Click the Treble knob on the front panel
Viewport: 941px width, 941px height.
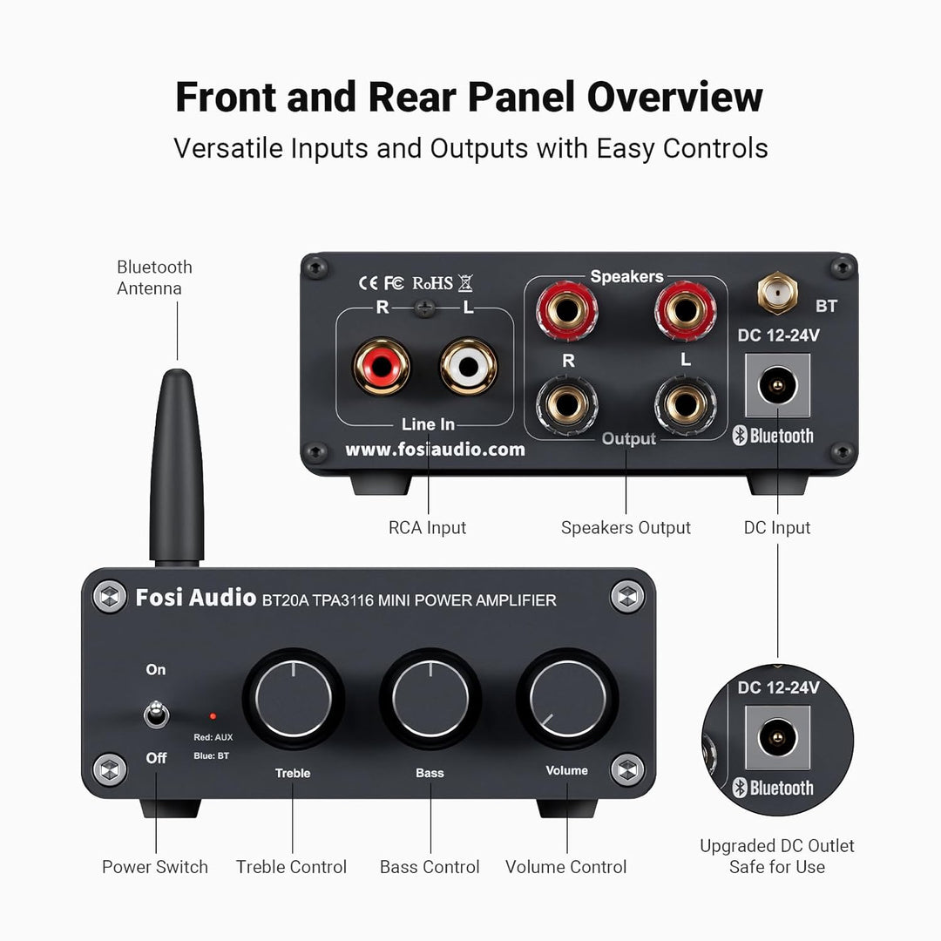(x=292, y=699)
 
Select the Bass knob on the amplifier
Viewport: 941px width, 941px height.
(x=430, y=699)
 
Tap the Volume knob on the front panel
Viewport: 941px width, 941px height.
(x=567, y=699)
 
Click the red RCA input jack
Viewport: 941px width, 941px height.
(x=381, y=366)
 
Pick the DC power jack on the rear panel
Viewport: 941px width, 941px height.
(x=777, y=379)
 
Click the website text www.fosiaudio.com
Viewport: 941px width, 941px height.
(x=435, y=450)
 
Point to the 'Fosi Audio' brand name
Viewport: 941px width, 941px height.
(x=195, y=599)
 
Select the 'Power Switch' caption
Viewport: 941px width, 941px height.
(x=155, y=867)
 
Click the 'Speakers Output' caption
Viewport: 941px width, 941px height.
(x=626, y=528)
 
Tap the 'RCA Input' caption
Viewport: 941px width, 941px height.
(x=427, y=528)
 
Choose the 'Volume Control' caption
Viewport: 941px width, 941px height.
(x=566, y=867)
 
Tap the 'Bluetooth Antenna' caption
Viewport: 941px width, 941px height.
(x=154, y=277)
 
